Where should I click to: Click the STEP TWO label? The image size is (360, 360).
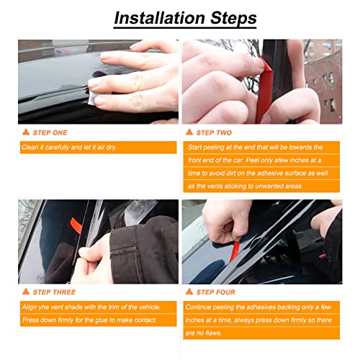(x=216, y=132)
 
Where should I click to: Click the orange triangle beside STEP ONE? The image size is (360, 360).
(x=25, y=132)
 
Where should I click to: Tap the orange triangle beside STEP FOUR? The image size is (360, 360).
(x=189, y=292)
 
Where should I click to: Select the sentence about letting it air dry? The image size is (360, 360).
(x=73, y=147)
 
